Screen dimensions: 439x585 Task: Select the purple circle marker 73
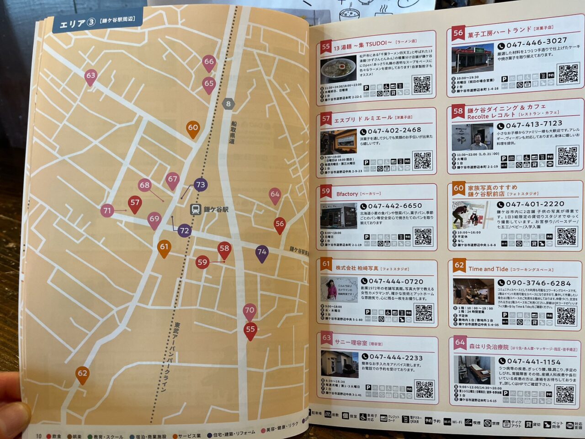pos(200,185)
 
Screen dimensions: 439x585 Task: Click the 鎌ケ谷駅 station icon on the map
pos(195,209)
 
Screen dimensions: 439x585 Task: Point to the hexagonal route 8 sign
pos(229,104)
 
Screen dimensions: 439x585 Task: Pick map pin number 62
pos(82,374)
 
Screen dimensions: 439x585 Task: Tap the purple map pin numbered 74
pos(262,252)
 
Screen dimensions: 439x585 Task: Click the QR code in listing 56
pos(568,73)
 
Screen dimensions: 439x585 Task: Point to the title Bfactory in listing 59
pos(347,194)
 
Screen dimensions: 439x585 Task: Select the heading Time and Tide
pos(488,269)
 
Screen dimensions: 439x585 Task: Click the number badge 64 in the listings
pos(460,343)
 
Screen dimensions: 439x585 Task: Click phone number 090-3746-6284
pos(538,284)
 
